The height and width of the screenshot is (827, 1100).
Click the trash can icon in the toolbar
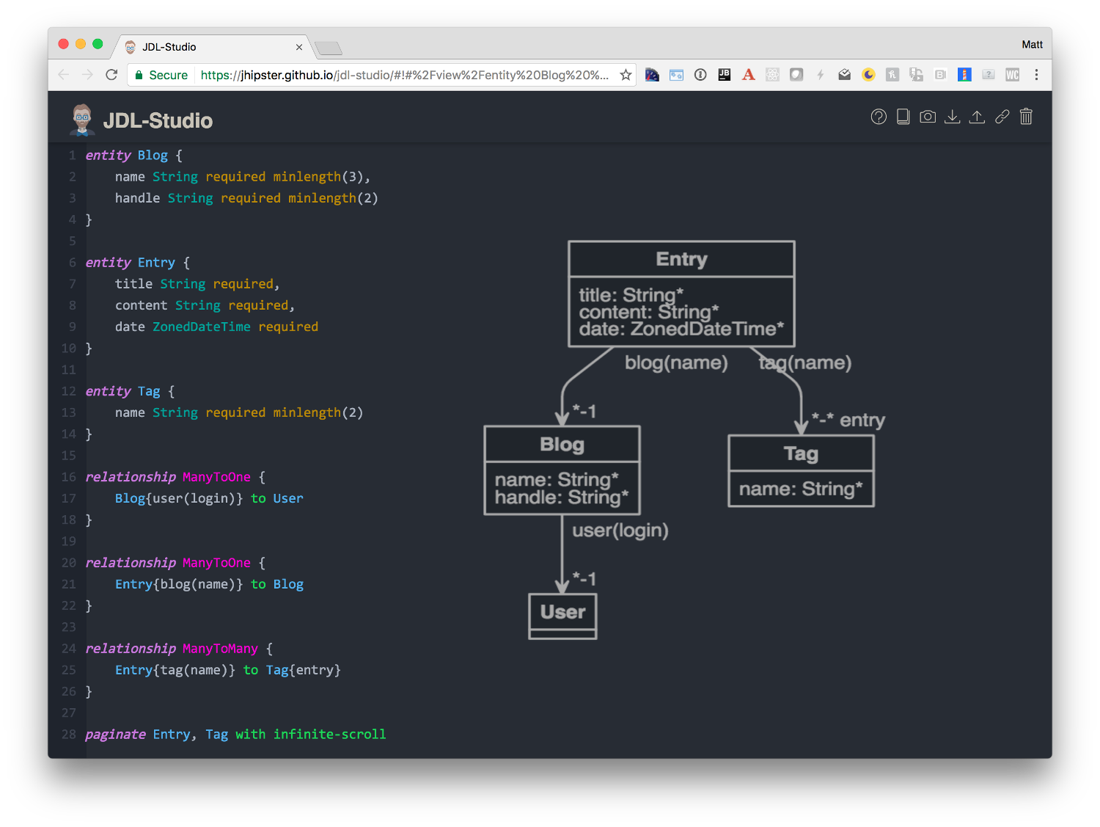(x=1025, y=117)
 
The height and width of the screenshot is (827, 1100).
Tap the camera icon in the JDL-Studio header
(x=927, y=117)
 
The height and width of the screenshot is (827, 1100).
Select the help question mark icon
(x=878, y=117)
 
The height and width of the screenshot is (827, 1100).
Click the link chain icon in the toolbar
(x=1001, y=117)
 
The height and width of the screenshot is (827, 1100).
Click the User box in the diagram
(x=562, y=616)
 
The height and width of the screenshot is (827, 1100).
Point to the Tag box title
(x=800, y=453)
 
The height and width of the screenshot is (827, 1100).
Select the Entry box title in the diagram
(x=681, y=259)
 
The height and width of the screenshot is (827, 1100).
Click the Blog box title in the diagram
(x=562, y=445)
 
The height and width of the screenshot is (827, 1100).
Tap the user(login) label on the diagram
(x=620, y=531)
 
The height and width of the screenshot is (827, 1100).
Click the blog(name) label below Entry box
(x=675, y=363)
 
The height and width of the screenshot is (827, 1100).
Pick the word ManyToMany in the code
(x=220, y=649)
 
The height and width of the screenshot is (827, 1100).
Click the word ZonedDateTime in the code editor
(x=202, y=327)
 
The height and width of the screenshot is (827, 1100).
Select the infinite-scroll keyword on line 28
(x=329, y=735)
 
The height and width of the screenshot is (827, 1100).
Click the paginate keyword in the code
(x=115, y=735)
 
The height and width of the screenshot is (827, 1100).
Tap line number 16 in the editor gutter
(x=69, y=477)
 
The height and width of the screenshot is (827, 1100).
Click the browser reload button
(x=111, y=76)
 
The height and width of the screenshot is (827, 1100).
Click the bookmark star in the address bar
(x=625, y=76)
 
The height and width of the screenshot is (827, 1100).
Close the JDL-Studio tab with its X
(x=299, y=47)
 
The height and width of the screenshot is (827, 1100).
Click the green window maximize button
(x=98, y=44)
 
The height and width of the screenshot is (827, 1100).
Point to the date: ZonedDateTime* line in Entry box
(x=681, y=329)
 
